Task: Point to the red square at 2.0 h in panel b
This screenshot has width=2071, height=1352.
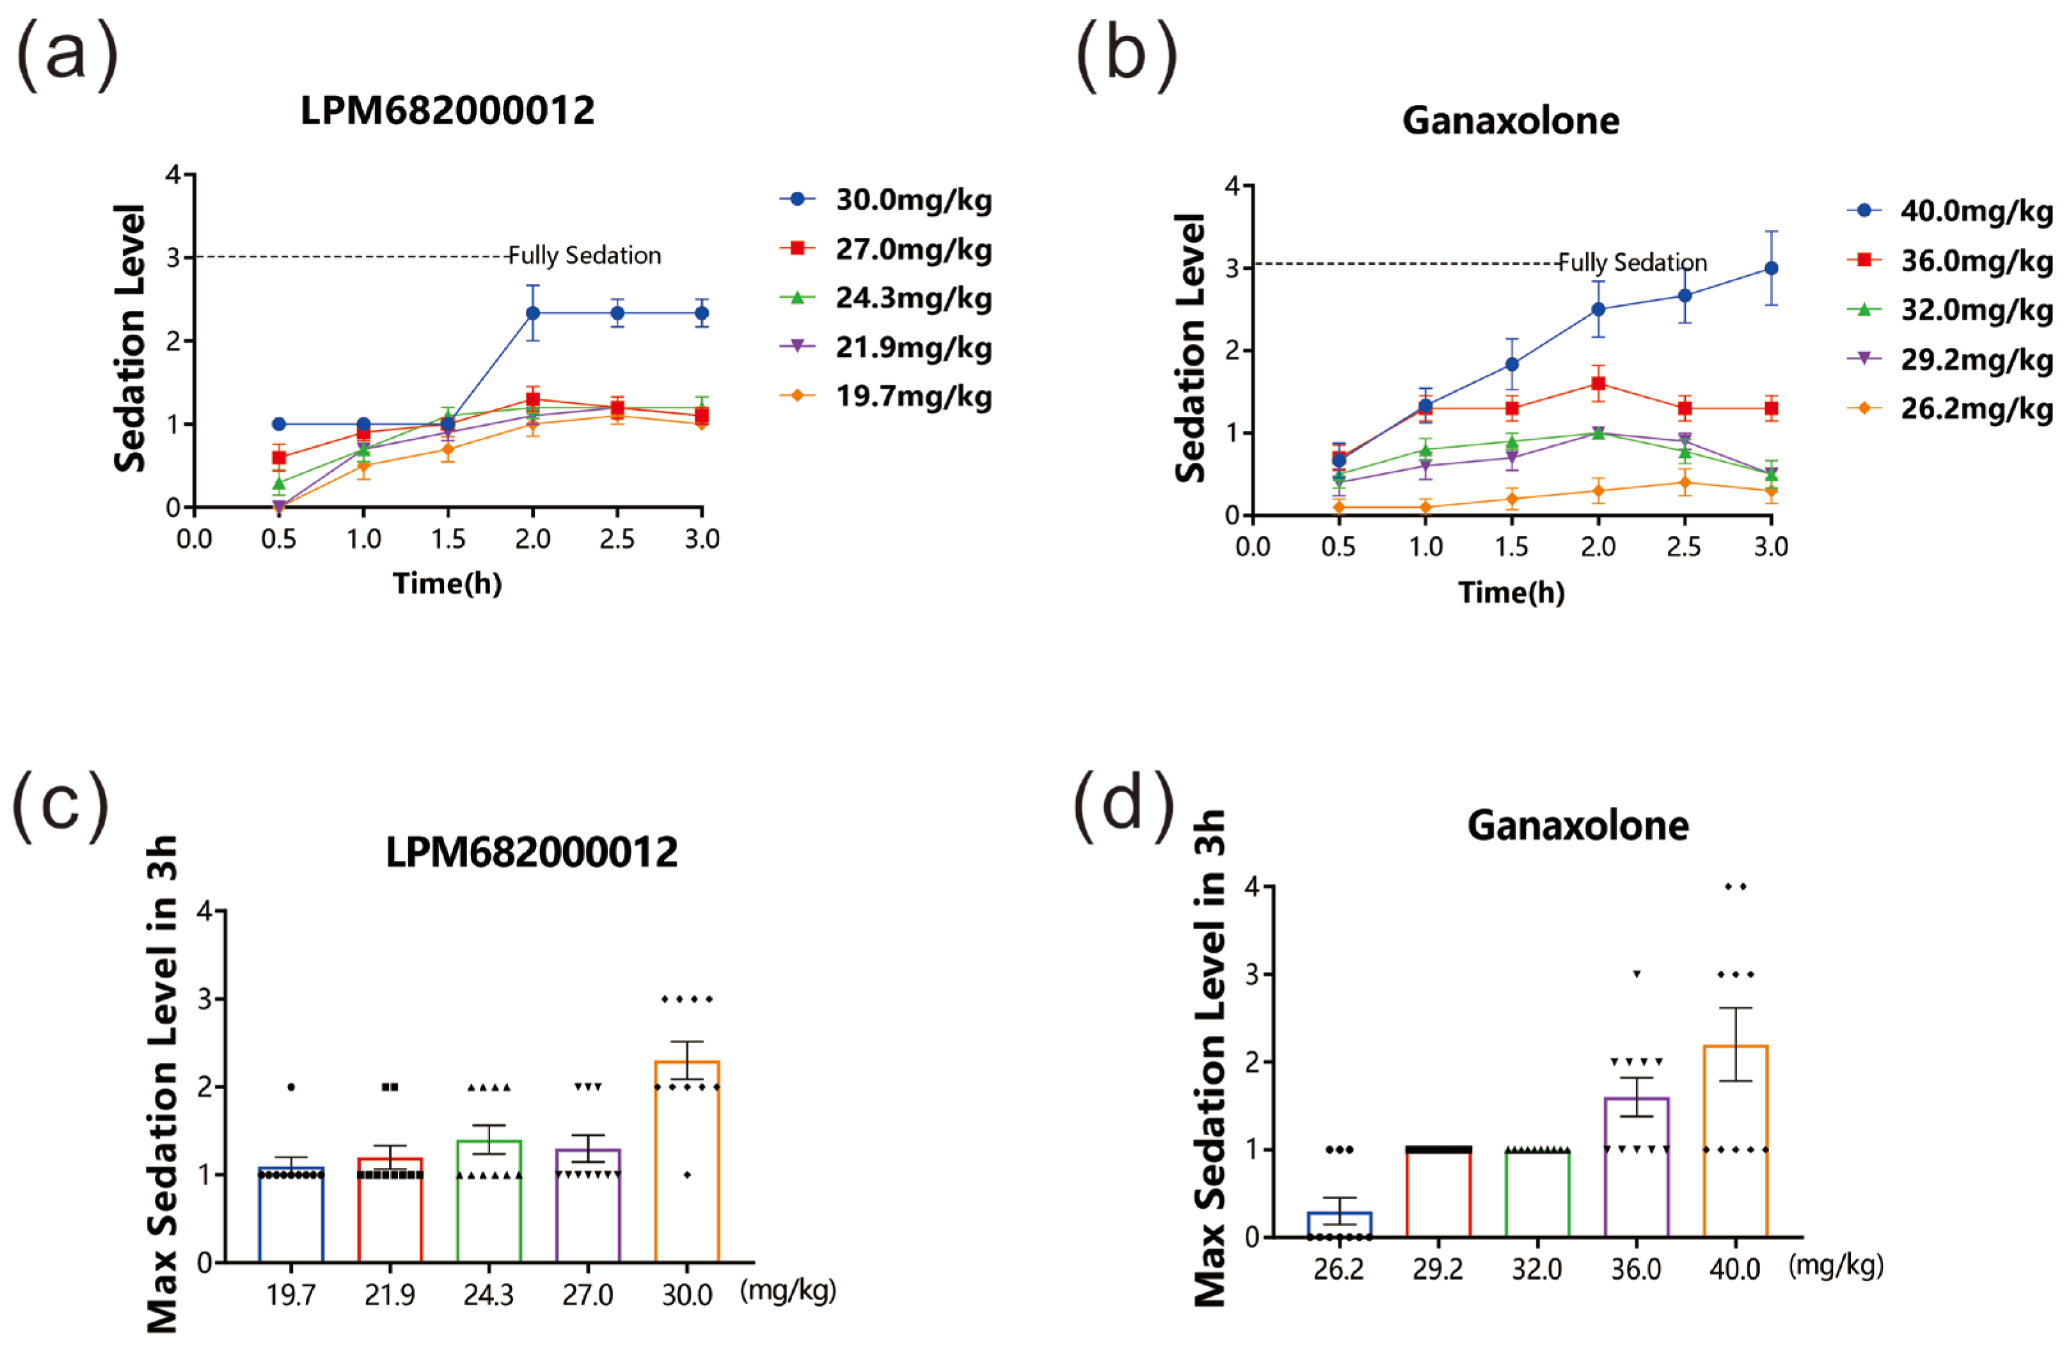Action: (1598, 384)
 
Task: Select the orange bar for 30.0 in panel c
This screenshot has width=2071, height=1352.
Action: (686, 1161)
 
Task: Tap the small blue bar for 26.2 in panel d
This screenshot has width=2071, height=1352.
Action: (1339, 1224)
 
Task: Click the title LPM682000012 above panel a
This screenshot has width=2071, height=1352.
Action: (447, 111)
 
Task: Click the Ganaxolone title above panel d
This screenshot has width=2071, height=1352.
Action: (1578, 825)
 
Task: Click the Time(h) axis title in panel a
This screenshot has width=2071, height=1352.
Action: (447, 583)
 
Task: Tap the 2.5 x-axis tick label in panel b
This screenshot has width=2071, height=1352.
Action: (1684, 546)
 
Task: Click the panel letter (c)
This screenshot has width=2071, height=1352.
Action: (61, 806)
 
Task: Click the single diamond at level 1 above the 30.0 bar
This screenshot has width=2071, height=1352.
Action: (686, 1174)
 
